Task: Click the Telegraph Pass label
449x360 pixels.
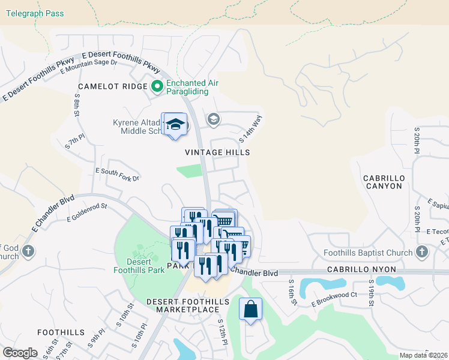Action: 32,13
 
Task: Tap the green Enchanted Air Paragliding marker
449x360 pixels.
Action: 157,86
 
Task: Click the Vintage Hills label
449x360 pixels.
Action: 217,152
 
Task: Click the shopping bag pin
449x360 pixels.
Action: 250,310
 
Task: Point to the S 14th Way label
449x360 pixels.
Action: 250,129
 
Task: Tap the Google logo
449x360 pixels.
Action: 20,353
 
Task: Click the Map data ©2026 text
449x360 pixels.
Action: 424,355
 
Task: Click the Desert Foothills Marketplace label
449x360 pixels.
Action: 188,305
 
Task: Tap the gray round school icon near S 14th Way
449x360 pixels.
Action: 212,119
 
